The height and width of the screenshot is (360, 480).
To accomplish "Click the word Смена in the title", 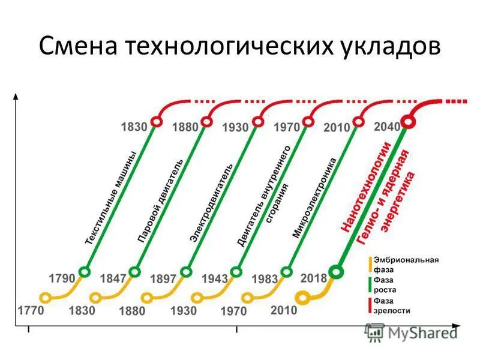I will (x=77, y=46).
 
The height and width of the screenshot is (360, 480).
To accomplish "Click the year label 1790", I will (x=62, y=279).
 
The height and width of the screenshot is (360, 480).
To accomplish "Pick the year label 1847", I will (x=113, y=279).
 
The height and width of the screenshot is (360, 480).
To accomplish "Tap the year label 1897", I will (x=163, y=279).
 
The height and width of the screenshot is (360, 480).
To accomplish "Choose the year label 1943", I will (x=214, y=279).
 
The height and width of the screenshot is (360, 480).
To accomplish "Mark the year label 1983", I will (x=265, y=280).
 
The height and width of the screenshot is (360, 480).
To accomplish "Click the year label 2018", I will (x=313, y=278).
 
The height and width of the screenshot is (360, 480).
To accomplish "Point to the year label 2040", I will (x=387, y=128).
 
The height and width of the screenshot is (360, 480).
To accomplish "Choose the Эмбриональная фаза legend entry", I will (x=406, y=265).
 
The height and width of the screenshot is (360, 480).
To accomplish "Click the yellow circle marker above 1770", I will (x=44, y=297).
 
